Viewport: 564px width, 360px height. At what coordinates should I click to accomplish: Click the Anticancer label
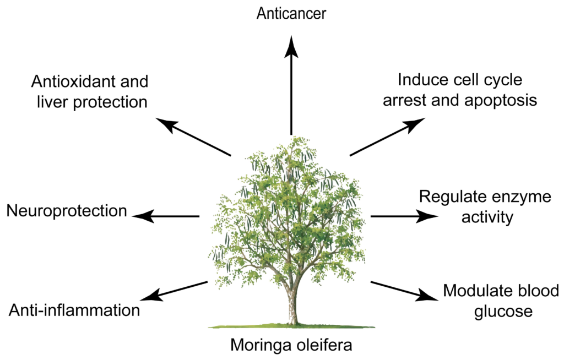point(292,13)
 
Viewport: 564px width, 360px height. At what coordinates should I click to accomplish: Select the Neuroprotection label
point(67,211)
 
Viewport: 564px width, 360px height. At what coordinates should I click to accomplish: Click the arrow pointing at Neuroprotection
point(167,216)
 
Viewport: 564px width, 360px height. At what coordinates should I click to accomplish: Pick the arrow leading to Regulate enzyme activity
point(402,216)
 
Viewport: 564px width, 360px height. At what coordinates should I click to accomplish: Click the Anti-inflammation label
point(74,310)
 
